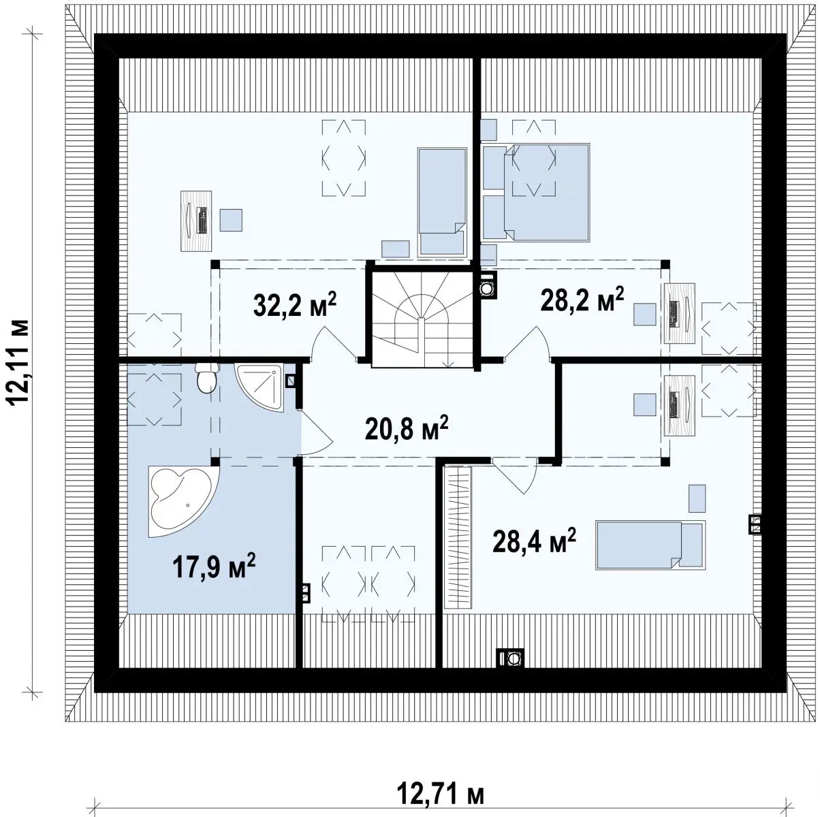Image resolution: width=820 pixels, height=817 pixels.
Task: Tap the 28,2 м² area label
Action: click(582, 299)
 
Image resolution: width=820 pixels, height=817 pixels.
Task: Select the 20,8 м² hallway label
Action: click(407, 428)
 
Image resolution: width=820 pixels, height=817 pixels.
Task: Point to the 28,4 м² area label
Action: click(534, 541)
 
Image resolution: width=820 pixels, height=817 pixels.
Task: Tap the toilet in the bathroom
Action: click(207, 378)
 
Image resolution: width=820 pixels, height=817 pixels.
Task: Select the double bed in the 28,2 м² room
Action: click(547, 193)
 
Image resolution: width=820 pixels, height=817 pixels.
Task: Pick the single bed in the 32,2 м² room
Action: click(442, 202)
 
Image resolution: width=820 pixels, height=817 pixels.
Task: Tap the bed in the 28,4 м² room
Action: click(650, 544)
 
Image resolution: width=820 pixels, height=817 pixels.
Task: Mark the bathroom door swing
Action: click(317, 432)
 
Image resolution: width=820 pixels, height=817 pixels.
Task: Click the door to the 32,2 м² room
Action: click(334, 343)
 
